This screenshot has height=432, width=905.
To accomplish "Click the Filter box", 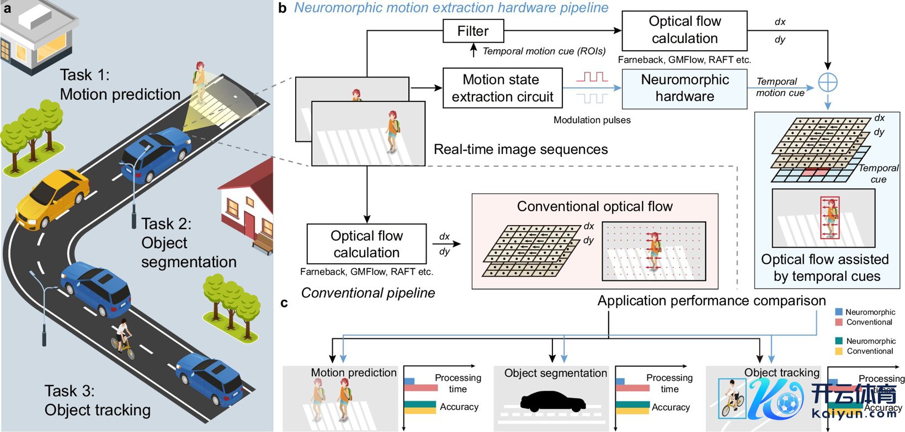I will point(473,31).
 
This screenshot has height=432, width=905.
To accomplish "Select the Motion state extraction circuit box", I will point(502,88).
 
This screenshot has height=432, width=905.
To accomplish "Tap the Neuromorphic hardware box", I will point(684,88).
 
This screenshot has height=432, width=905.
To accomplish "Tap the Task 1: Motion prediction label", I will point(120,84).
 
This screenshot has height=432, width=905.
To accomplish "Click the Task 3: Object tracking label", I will point(97,401).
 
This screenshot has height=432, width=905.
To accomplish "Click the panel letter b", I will point(283,8).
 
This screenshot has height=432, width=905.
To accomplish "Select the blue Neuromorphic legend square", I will point(839,312).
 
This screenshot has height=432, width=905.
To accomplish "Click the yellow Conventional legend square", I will point(839,351).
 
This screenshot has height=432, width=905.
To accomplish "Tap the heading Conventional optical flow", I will point(594,206).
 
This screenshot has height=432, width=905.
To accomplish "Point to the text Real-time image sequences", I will point(520,150).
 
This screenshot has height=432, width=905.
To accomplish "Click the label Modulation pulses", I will point(592,120).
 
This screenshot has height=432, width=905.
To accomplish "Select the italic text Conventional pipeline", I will point(368,293).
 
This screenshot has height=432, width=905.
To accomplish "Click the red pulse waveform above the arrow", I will point(592,77).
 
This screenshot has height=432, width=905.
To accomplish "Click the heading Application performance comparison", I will point(711,301).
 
